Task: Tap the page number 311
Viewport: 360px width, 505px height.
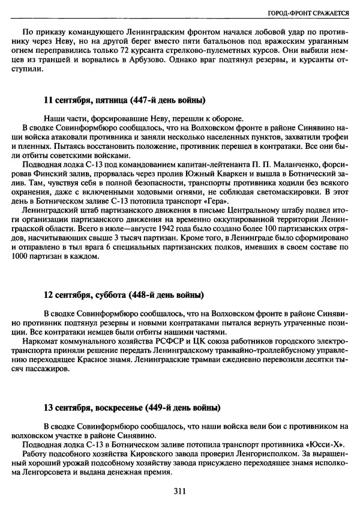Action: pyautogui.click(x=179, y=492)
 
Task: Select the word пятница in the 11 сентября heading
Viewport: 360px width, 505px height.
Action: pyautogui.click(x=102, y=99)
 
